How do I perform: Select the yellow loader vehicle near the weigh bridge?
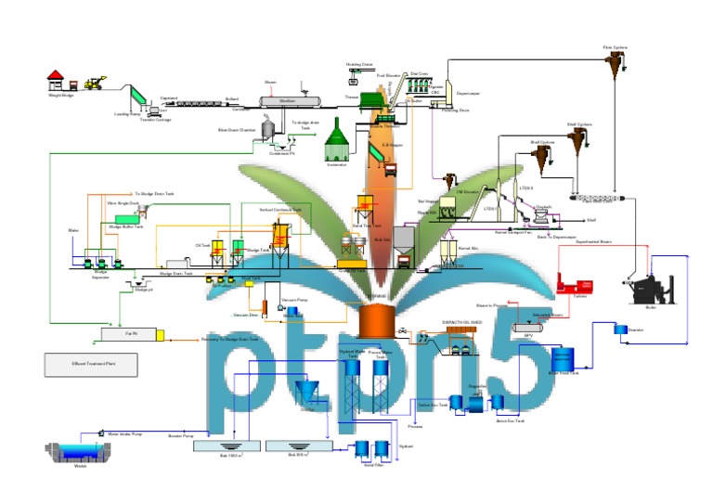pos(95,83)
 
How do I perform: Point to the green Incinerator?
pos(337,142)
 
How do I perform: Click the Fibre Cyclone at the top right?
pos(615,62)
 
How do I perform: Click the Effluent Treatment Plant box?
pos(91,365)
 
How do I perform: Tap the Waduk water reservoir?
pos(80,452)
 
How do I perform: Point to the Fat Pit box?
pos(131,332)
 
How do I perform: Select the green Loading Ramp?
pos(135,96)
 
